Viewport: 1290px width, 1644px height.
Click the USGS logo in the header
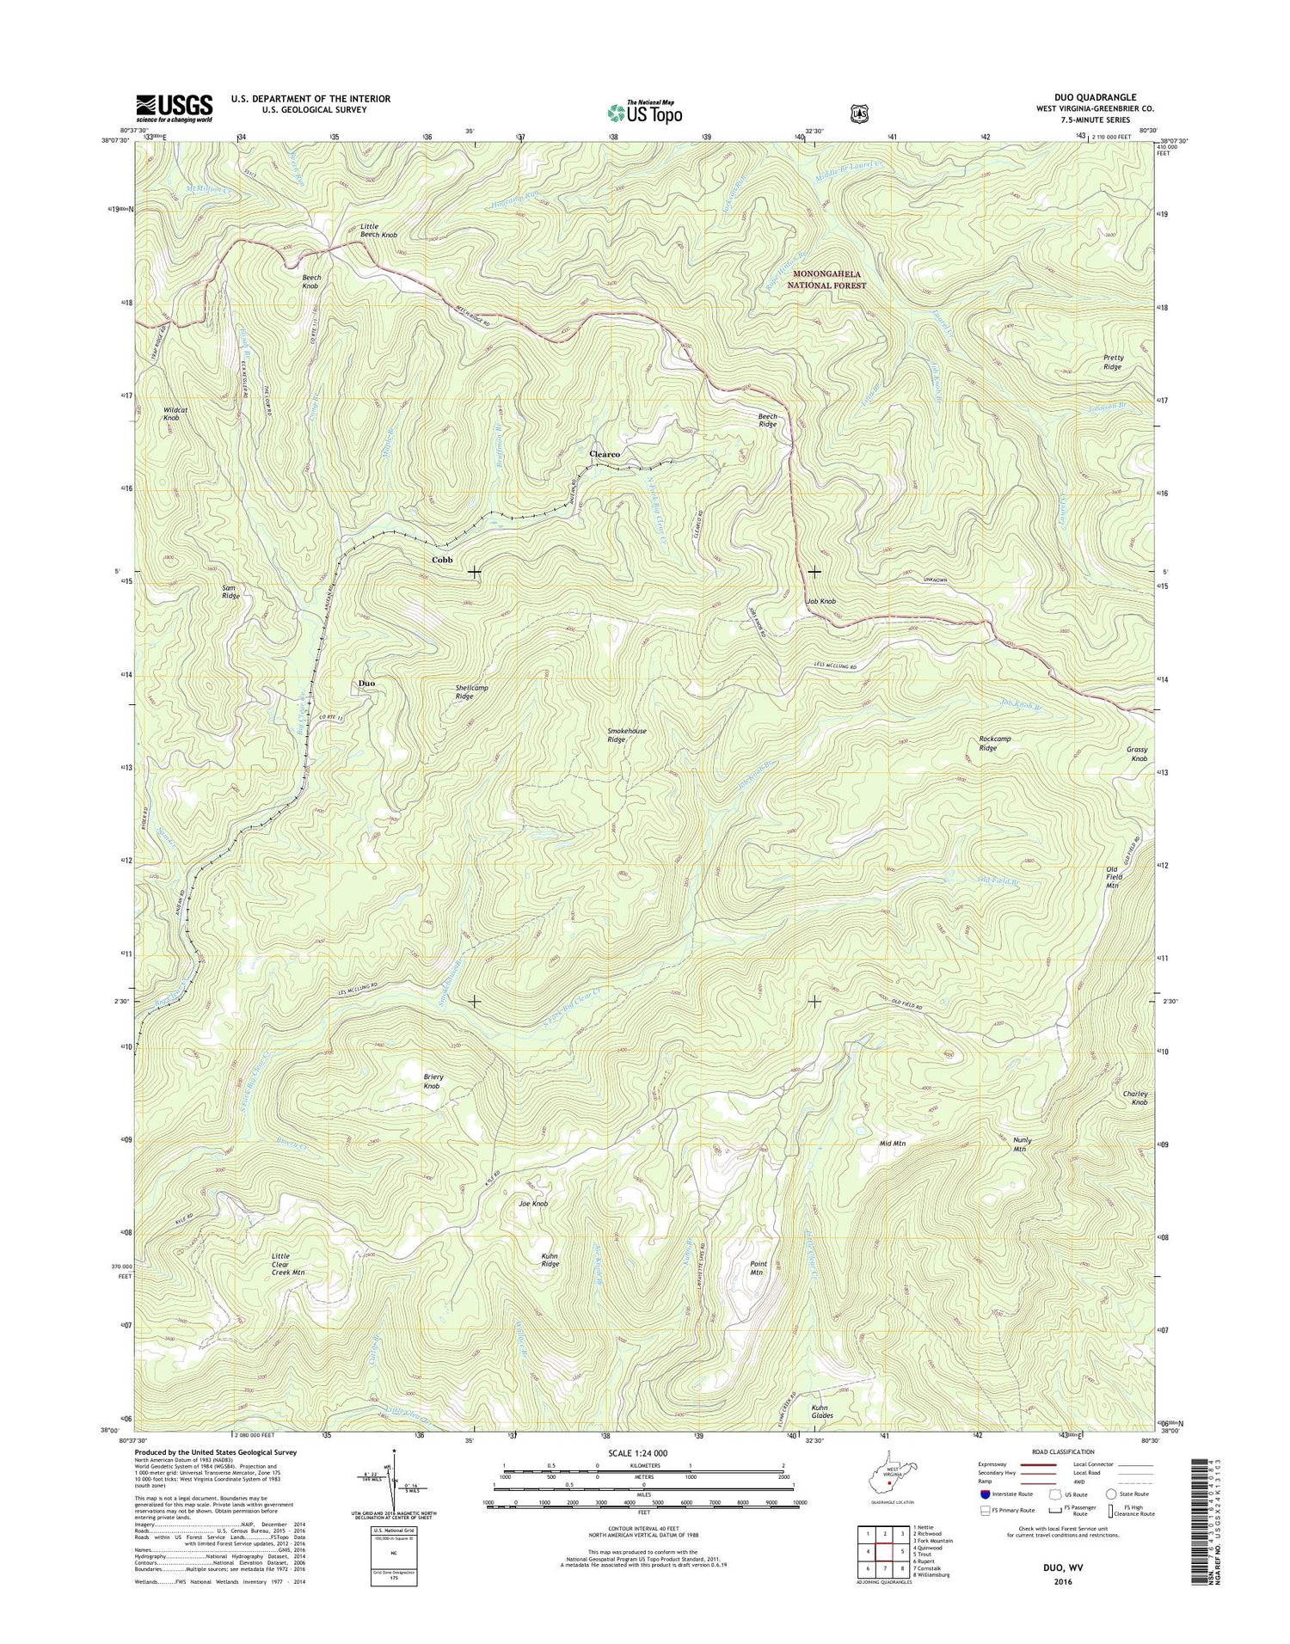point(174,108)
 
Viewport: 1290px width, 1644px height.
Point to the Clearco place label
point(605,453)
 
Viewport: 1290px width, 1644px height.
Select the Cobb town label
point(442,560)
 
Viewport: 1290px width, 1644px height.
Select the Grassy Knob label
point(1138,754)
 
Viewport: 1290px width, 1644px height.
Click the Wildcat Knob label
point(176,414)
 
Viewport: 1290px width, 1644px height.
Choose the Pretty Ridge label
point(1112,362)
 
